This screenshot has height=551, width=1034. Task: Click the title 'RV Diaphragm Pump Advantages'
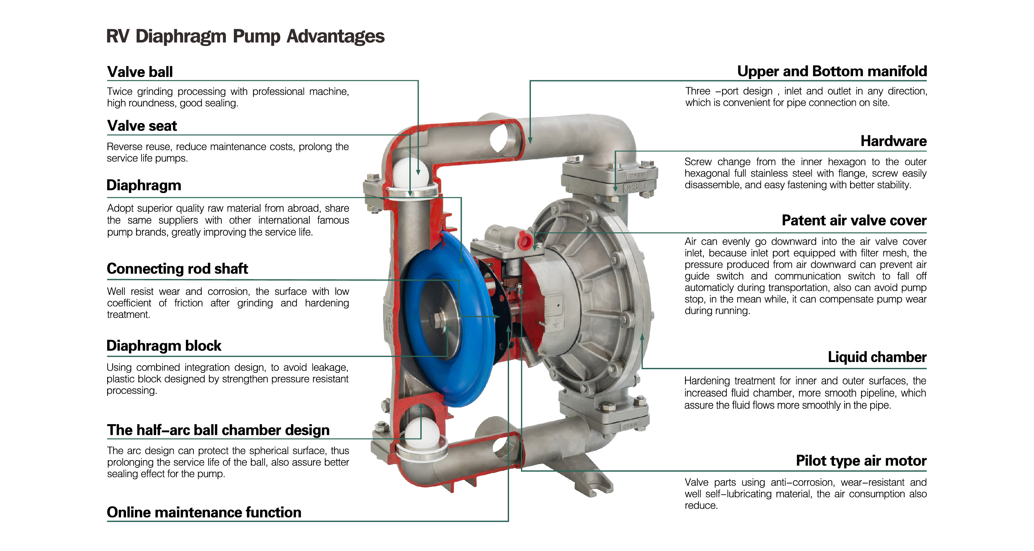(x=245, y=36)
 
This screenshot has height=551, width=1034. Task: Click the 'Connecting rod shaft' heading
(x=177, y=269)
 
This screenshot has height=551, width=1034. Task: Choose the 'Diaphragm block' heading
(x=164, y=346)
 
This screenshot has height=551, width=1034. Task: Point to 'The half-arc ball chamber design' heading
(x=218, y=430)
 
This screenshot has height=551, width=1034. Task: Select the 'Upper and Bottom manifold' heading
(x=832, y=71)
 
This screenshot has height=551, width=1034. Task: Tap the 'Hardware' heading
(x=893, y=141)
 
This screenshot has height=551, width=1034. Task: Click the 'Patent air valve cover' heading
(x=854, y=220)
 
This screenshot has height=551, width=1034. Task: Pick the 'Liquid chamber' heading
(x=877, y=357)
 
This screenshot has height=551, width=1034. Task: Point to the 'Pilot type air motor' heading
(x=861, y=461)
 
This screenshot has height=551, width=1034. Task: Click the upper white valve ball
(x=410, y=173)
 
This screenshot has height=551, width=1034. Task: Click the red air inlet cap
(x=525, y=241)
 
